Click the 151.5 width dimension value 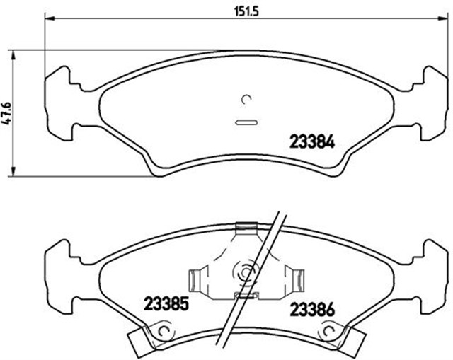click(245, 12)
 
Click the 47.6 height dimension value click(6, 113)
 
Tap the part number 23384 click(312, 142)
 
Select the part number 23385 click(166, 304)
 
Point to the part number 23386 click(312, 310)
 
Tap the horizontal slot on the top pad click(246, 122)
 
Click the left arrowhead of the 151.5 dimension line click(49, 19)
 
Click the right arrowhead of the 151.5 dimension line click(442, 19)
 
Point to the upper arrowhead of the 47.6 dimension click(13, 55)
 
